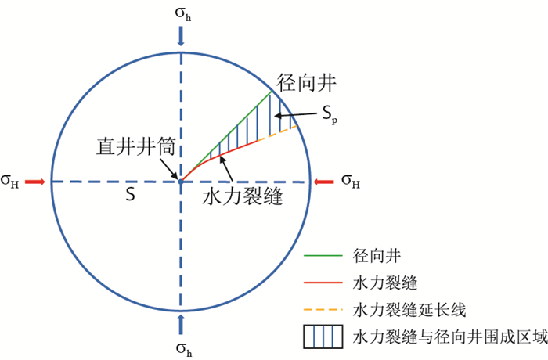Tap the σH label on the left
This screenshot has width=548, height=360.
(11, 182)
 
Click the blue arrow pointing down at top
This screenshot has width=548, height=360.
(182, 35)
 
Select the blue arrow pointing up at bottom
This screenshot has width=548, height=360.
(182, 325)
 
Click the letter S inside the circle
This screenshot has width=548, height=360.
(132, 196)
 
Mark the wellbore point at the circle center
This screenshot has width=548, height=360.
(182, 182)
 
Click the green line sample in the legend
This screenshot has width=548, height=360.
(323, 254)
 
